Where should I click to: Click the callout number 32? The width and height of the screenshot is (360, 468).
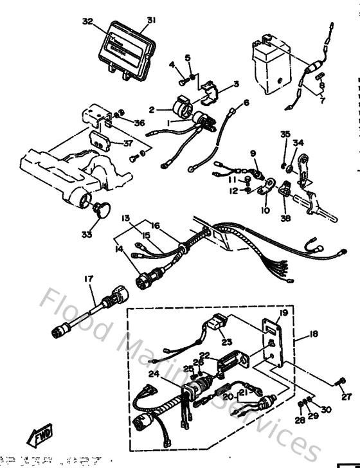[x=88, y=21]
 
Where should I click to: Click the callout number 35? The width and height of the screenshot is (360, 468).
[x=285, y=134]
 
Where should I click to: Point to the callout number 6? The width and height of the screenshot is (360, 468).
[x=246, y=102]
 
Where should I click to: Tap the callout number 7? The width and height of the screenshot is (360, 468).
[x=321, y=100]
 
